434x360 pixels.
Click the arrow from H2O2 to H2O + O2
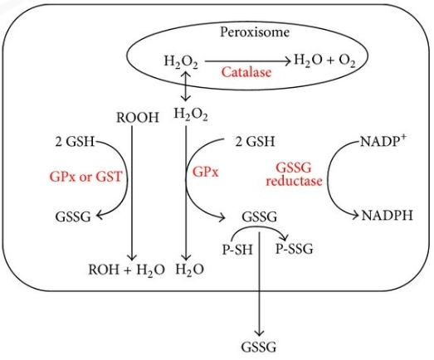point(243,59)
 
